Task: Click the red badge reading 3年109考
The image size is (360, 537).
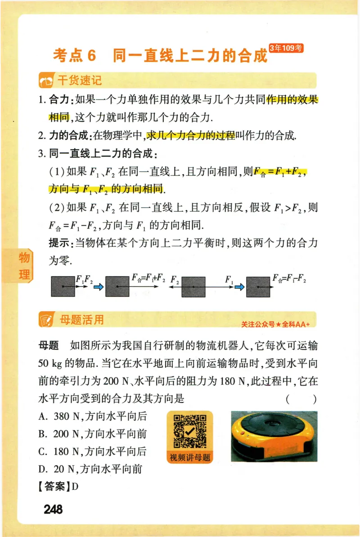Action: tap(286, 48)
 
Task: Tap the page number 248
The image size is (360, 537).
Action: tap(53, 510)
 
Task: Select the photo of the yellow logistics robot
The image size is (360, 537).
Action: tap(274, 436)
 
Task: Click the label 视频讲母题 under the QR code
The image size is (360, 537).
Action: tap(189, 458)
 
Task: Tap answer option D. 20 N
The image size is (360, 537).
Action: tap(90, 469)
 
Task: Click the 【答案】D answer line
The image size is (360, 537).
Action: tap(58, 487)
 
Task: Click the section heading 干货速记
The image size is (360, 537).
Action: tap(79, 81)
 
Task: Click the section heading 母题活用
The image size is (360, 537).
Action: tap(81, 320)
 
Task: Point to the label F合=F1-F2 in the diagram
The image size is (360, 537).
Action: tap(289, 279)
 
